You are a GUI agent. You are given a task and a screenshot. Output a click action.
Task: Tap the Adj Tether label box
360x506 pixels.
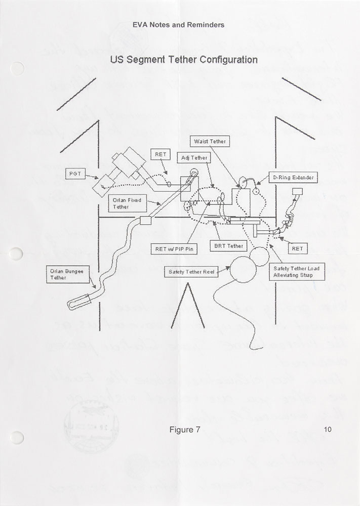[x=194, y=158]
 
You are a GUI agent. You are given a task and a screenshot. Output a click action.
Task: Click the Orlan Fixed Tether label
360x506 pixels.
[x=126, y=203]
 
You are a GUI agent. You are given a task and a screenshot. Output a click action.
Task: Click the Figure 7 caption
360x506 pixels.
[x=185, y=431]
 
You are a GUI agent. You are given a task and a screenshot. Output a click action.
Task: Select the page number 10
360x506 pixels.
[x=327, y=430]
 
